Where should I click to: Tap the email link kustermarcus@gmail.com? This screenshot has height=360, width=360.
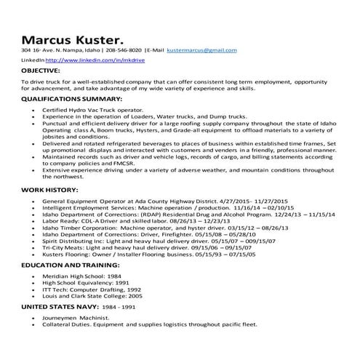pos(201,52)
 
